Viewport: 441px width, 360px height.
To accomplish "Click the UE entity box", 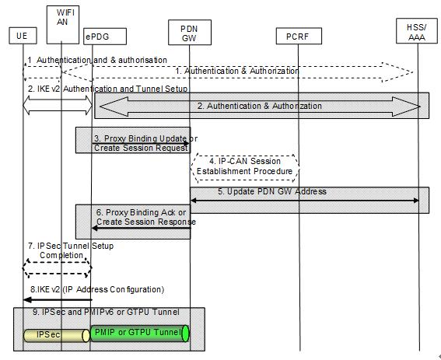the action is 23,36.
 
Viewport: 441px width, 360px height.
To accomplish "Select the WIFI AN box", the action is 63,25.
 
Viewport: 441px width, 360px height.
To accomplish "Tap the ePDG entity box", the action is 105,37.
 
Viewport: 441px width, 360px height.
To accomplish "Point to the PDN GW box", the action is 190,33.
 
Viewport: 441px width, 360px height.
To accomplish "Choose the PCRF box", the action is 299,36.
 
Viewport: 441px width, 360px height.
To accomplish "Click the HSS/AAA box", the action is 417,31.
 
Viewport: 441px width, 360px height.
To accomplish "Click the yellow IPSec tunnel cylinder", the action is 57,336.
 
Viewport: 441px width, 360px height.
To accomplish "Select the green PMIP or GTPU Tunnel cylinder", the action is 140,334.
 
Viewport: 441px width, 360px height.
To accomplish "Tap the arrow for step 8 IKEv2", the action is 58,300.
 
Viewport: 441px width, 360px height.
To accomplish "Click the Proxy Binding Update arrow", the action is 140,143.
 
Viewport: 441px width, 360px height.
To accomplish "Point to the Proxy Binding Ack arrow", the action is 142,228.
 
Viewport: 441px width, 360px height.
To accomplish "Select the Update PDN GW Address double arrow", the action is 305,201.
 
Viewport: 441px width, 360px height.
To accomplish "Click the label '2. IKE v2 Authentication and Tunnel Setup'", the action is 107,89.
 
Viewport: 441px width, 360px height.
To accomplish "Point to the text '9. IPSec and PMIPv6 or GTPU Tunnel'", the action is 106,312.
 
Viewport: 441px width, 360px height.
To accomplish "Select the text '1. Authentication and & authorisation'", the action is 97,60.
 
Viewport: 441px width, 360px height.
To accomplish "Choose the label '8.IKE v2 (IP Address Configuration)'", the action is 97,289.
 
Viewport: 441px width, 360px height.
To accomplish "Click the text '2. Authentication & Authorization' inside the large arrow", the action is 260,106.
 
